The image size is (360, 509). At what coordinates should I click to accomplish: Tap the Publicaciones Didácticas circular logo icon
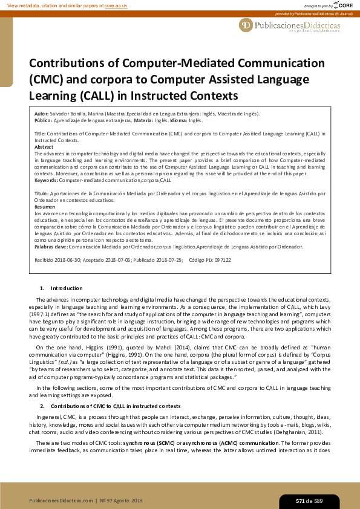[246, 25]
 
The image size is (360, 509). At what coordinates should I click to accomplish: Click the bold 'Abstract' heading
[44, 147]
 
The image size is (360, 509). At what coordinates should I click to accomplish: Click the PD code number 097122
[222, 259]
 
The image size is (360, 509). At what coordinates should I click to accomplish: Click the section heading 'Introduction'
[67, 288]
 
